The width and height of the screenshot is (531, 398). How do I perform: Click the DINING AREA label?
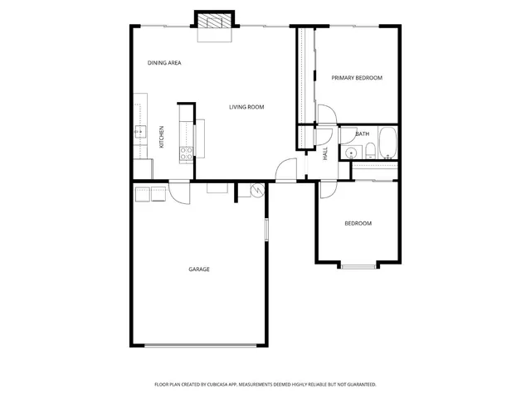(x=164, y=63)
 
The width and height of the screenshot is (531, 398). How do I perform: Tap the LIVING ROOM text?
(x=246, y=107)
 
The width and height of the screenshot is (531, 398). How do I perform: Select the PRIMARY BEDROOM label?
(x=357, y=78)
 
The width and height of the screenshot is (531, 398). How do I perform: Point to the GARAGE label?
(x=198, y=269)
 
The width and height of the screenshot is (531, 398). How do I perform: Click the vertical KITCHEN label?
(x=162, y=137)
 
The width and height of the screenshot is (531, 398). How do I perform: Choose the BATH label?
(x=363, y=133)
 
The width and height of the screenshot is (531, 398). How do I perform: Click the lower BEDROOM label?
(x=358, y=224)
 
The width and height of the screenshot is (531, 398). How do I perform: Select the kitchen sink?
(x=140, y=132)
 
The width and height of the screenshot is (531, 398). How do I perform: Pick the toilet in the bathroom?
(x=369, y=151)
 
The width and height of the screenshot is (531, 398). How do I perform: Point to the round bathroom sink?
(x=352, y=152)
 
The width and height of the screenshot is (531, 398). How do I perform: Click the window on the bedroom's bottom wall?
(x=358, y=265)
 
